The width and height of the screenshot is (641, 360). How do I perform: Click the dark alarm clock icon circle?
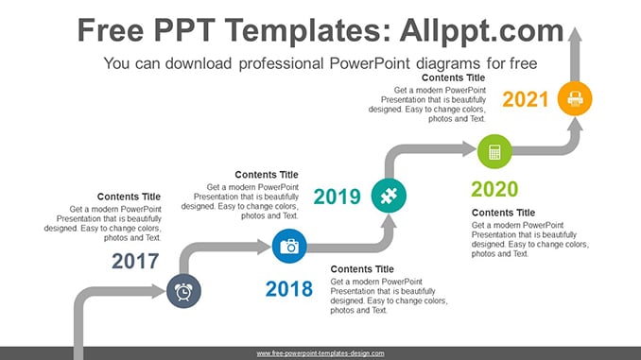click(x=183, y=291)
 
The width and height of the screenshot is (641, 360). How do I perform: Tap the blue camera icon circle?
click(x=289, y=246)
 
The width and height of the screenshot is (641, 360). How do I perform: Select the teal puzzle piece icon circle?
click(x=389, y=196)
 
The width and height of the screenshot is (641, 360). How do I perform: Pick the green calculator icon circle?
click(x=494, y=151)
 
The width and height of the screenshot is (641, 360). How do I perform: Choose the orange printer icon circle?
click(x=575, y=98)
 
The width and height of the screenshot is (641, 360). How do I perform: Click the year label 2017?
click(x=135, y=261)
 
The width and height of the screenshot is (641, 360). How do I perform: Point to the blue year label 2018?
click(x=289, y=289)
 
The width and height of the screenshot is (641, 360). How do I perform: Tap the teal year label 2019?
click(x=338, y=197)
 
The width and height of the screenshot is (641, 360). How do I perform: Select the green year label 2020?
click(x=494, y=189)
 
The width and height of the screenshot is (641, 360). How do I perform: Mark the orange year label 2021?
click(x=526, y=99)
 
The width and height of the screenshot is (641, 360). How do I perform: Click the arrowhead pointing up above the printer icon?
click(x=575, y=35)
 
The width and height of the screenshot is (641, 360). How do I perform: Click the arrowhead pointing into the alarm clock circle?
click(x=158, y=291)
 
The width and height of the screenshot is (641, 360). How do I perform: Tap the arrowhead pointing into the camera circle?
click(x=264, y=247)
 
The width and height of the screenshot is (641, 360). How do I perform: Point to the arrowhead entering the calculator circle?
click(x=469, y=148)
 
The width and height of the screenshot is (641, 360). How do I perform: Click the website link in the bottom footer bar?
click(x=320, y=353)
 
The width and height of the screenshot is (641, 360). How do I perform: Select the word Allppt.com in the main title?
click(x=481, y=30)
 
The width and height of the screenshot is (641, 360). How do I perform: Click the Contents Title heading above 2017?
click(x=129, y=197)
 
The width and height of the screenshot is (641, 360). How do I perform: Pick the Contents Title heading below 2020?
click(x=503, y=213)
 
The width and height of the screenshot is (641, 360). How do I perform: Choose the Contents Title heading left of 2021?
click(x=454, y=77)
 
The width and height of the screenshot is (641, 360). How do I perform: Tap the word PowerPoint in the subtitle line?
click(x=370, y=63)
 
